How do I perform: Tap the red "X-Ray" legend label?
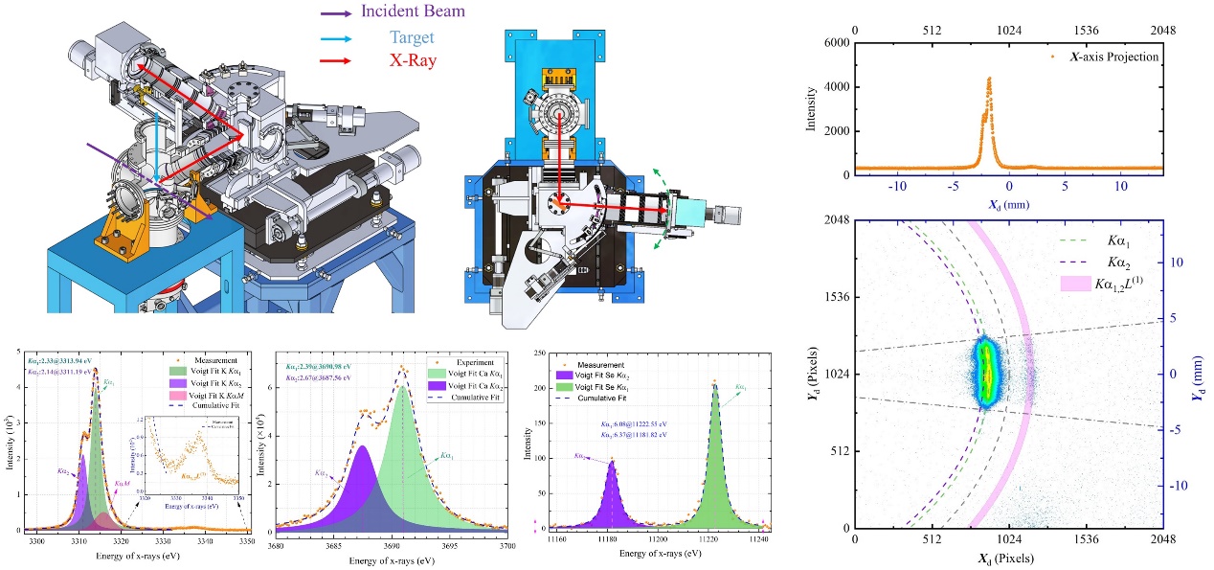click(x=413, y=59)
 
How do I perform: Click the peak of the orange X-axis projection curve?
click(x=989, y=79)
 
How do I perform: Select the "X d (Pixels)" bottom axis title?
click(x=1006, y=558)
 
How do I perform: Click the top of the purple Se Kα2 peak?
click(x=612, y=463)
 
